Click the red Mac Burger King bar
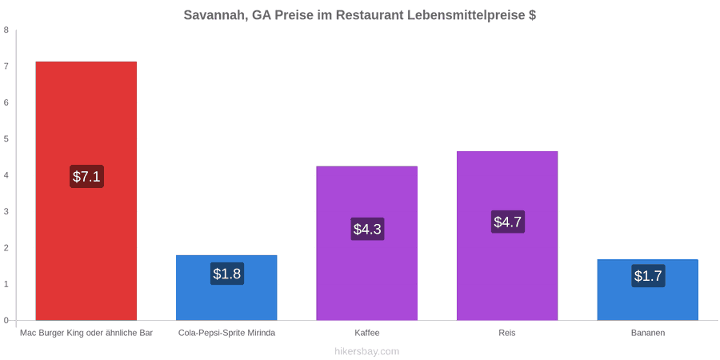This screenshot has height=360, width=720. click(86, 190)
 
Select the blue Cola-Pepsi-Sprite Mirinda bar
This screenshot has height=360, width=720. click(227, 287)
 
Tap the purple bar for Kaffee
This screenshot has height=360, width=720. click(367, 243)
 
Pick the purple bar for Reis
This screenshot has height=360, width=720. click(507, 235)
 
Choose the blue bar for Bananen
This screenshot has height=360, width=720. click(648, 290)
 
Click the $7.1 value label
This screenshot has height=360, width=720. click(86, 176)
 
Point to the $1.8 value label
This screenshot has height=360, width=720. click(227, 274)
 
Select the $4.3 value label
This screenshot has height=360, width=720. click(367, 229)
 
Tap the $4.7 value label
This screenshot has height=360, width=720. click(507, 222)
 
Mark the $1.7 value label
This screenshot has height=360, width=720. click(648, 276)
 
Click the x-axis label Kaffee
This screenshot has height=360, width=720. click(367, 333)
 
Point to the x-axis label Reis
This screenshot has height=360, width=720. click(507, 333)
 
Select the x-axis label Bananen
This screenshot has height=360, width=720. click(648, 333)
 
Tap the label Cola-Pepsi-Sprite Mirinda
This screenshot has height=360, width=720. click(227, 333)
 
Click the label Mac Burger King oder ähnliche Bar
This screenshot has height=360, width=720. click(86, 333)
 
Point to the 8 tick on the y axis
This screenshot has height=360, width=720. click(6, 30)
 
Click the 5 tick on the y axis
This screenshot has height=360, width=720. click(6, 139)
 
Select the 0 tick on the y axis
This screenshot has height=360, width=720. click(6, 321)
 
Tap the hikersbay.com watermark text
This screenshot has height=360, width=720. click(366, 352)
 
